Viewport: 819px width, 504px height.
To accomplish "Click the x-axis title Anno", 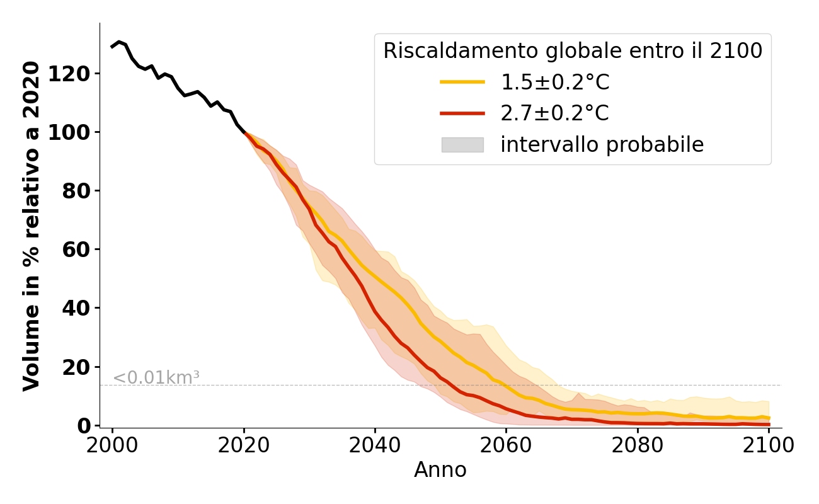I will [x=440, y=470].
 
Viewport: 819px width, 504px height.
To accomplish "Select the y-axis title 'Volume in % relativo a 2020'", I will [x=31, y=226].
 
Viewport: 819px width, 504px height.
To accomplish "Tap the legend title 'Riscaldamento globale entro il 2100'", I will [x=573, y=51].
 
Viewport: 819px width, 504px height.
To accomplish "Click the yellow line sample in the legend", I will [x=462, y=82].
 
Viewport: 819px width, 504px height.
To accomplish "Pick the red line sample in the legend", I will [x=462, y=113].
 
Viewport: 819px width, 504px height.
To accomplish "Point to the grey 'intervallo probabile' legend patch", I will [x=462, y=145].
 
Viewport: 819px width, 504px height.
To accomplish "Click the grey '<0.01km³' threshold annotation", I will [x=156, y=378].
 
